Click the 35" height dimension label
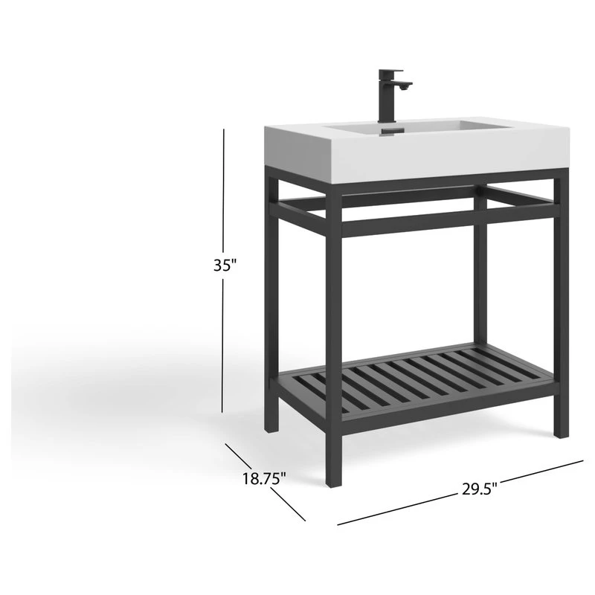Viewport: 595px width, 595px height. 224,266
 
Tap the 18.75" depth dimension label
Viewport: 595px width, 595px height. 264,479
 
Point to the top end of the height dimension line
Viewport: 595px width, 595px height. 224,129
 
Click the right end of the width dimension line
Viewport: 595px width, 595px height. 583,462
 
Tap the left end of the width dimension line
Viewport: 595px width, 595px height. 338,525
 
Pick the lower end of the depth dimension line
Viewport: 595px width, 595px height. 306,521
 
